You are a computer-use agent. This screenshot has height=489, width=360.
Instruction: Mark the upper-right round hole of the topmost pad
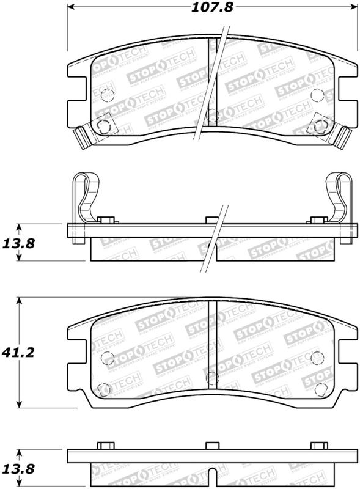[x=316, y=95]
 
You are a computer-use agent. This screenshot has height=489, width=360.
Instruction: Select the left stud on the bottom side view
[x=105, y=446]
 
